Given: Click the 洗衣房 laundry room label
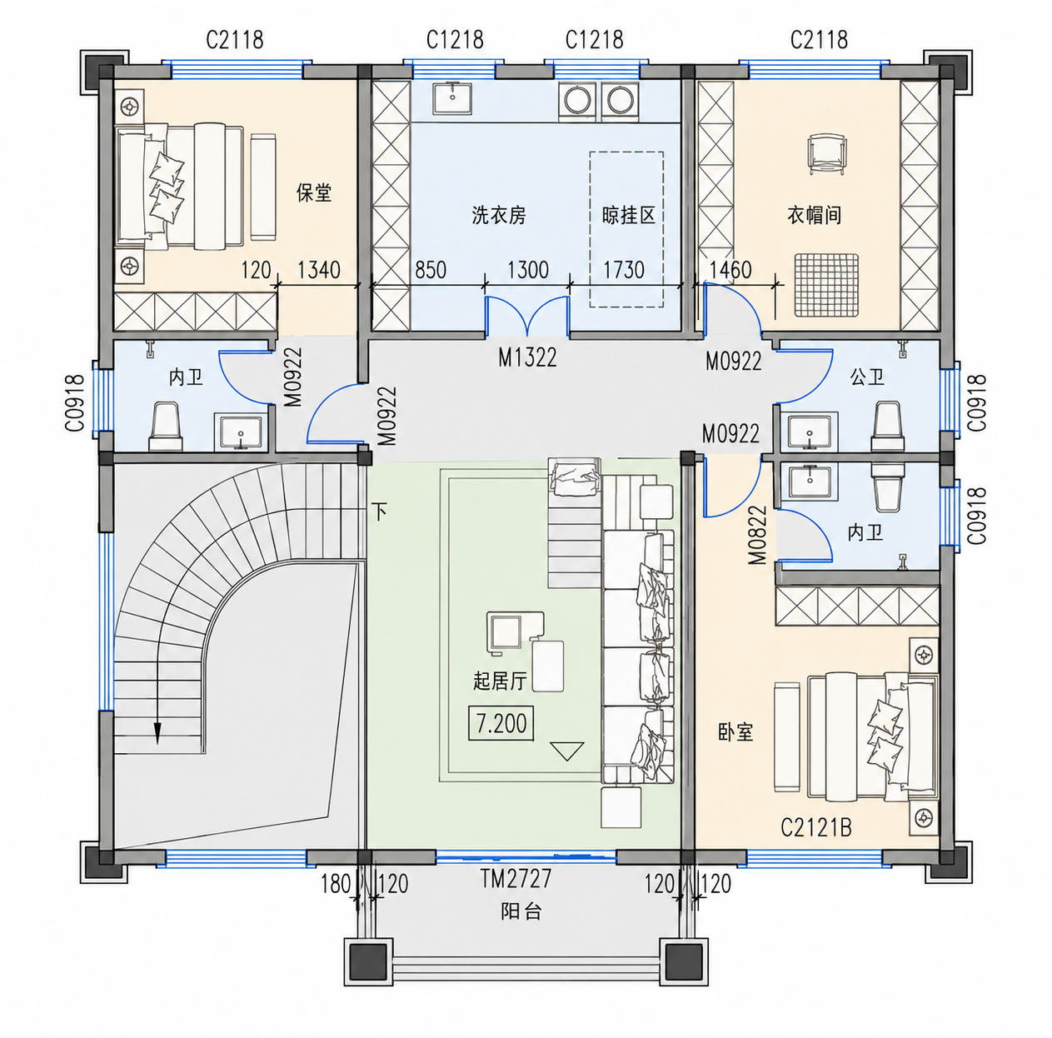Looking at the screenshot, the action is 498,215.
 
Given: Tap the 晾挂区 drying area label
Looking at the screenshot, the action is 628,215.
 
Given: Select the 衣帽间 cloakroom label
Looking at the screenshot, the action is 814,215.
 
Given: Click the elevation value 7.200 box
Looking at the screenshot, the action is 501,724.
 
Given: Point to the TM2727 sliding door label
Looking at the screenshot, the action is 516,879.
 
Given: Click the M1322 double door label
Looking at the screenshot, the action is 527,357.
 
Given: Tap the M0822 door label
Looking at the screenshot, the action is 758,535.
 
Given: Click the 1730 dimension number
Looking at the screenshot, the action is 623,270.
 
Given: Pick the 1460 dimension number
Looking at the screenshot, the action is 730,270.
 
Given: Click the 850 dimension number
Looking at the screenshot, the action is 431,270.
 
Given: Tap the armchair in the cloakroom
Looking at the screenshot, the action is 827,154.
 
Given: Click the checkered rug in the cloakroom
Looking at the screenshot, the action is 826,285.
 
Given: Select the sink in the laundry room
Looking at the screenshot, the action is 452,99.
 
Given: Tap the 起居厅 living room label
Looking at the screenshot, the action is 500,681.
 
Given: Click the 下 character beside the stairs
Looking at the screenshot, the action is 380,511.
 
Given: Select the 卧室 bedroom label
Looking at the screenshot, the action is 735,731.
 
